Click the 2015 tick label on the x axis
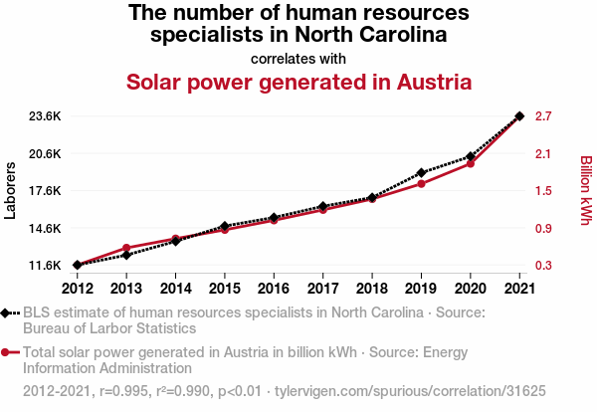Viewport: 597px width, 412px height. [225, 289]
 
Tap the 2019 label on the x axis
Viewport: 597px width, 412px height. [421, 289]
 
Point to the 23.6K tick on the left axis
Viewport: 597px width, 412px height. [45, 116]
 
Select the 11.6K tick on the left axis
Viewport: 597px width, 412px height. [45, 266]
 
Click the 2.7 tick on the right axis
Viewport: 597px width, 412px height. [544, 116]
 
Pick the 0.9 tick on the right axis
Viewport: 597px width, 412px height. [544, 229]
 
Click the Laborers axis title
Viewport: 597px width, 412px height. [11, 191]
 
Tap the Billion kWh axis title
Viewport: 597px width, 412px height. [586, 191]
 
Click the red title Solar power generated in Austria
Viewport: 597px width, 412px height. [298, 82]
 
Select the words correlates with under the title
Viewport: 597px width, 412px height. [298, 58]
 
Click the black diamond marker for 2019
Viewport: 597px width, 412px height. [421, 173]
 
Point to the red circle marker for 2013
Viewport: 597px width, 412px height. [126, 248]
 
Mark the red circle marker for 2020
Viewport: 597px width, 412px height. [471, 163]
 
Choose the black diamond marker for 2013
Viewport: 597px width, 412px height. [126, 255]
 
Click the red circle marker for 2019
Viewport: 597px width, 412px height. [421, 184]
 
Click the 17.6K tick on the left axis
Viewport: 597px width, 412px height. [45, 191]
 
